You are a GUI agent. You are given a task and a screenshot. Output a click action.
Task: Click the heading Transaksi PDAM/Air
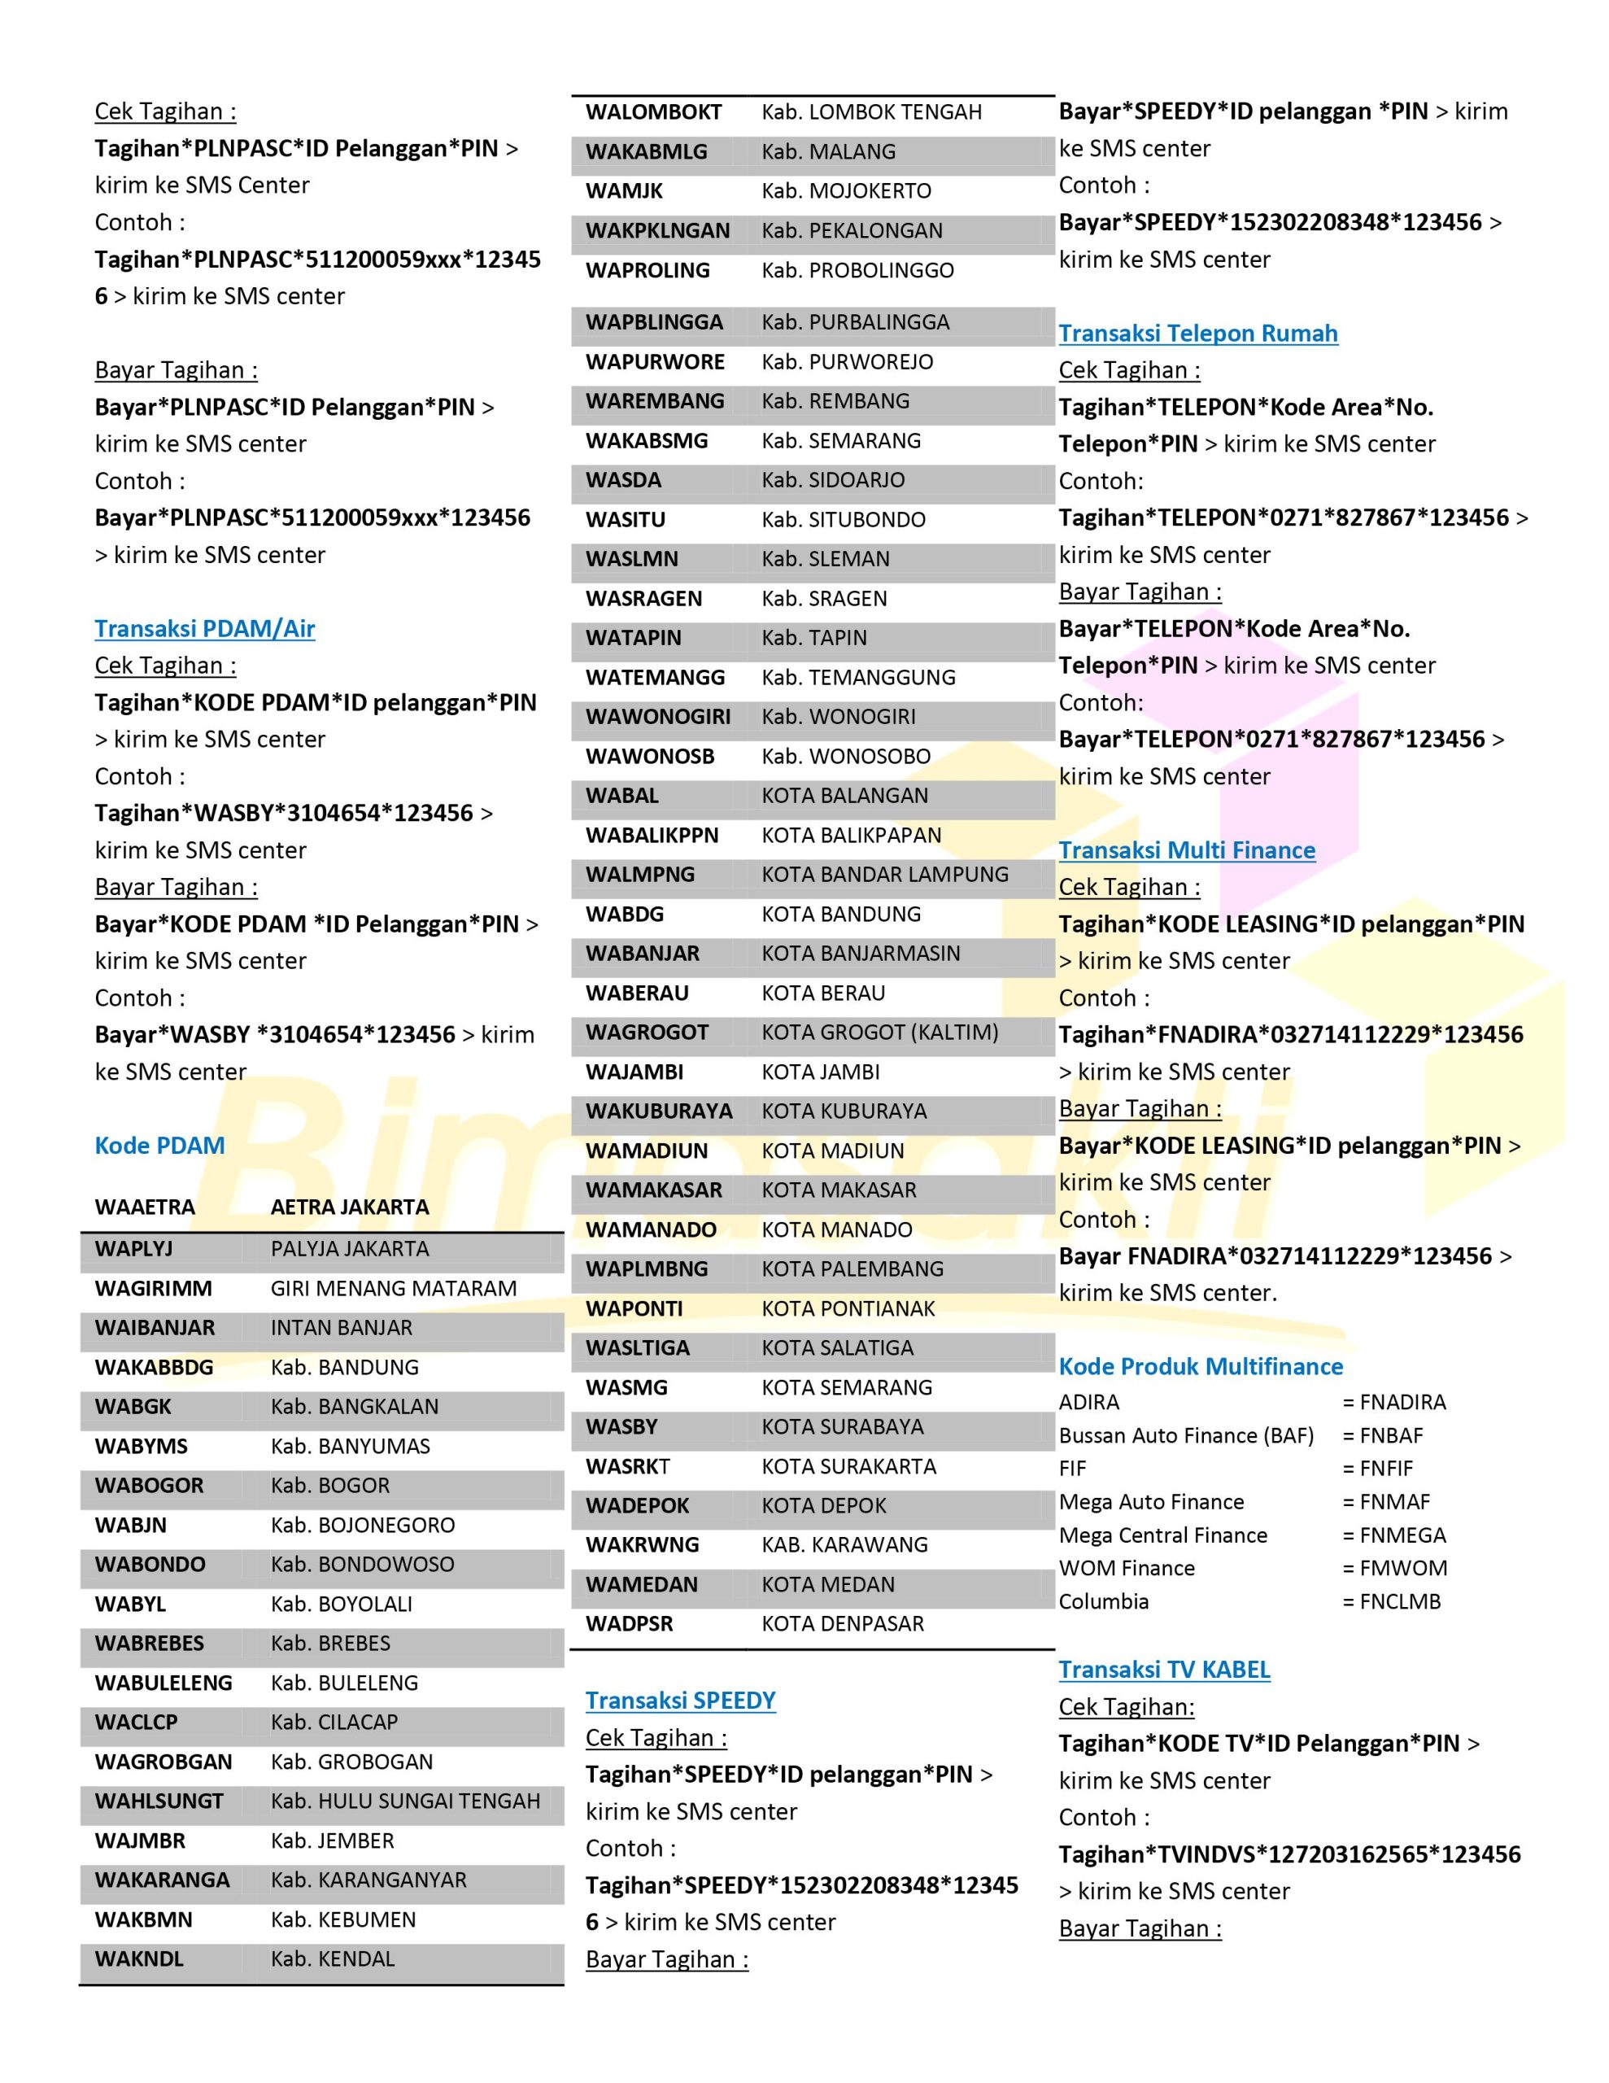click(204, 628)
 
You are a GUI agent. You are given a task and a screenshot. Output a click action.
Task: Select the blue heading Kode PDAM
click(159, 1146)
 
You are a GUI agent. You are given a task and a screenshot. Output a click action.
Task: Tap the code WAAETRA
click(145, 1207)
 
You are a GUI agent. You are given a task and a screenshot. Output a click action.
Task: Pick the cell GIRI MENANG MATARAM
click(393, 1289)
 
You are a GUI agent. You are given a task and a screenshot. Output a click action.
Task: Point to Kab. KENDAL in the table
click(332, 1959)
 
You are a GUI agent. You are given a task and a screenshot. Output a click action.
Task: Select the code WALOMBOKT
click(653, 112)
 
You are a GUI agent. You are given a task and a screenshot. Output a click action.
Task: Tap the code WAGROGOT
click(647, 1032)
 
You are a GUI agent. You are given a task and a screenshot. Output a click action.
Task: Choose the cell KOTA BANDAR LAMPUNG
click(884, 875)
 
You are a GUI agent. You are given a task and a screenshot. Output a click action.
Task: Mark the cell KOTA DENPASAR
click(842, 1623)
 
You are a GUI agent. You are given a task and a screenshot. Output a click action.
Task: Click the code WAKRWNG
click(642, 1544)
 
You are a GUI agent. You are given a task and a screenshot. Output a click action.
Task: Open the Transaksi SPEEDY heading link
click(680, 1701)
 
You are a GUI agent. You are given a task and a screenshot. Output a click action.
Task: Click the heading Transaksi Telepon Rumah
click(1198, 333)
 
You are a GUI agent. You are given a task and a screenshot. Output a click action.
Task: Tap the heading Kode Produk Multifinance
click(1200, 1366)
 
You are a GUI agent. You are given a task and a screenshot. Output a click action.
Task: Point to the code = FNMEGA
click(1393, 1535)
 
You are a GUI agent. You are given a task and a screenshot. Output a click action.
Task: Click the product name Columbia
click(1104, 1601)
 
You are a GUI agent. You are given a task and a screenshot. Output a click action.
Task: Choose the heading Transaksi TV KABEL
click(1163, 1669)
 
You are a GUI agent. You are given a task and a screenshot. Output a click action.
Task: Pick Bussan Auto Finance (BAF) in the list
click(1185, 1435)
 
